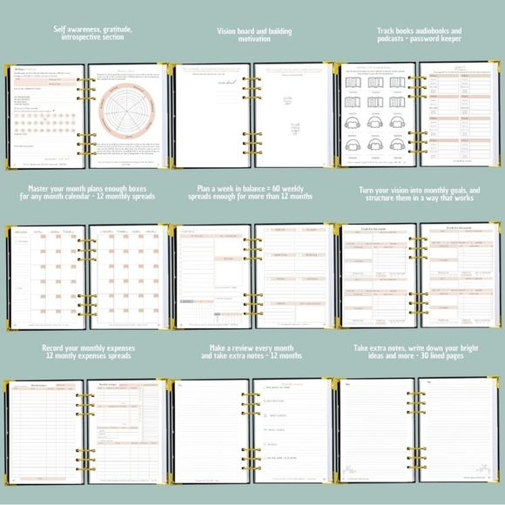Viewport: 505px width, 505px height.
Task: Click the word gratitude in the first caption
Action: click(114, 30)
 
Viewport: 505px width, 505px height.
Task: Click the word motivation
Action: click(254, 38)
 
